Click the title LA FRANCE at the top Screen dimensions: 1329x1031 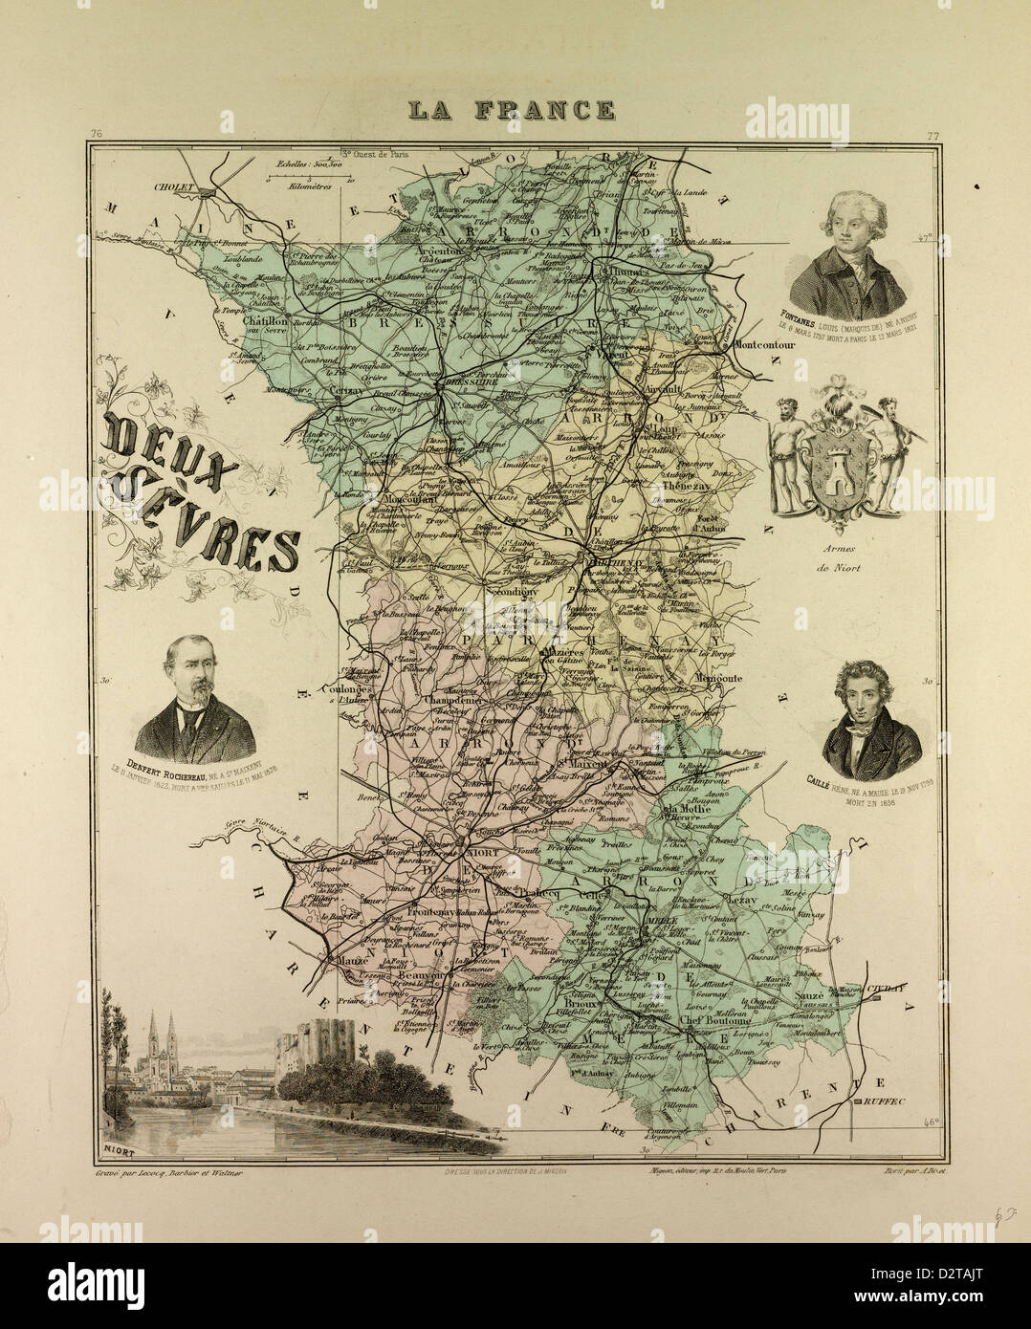coord(512,110)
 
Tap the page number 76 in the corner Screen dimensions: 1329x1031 coord(93,133)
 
